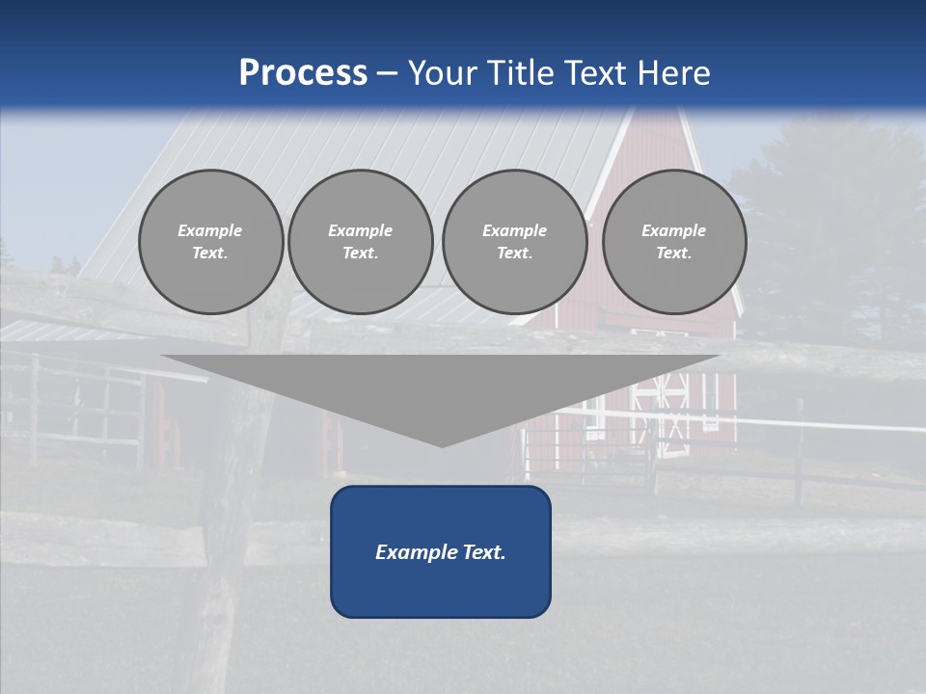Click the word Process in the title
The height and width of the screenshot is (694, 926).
tap(303, 73)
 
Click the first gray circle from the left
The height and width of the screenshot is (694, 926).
tap(210, 242)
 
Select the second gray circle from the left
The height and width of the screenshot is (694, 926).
tap(361, 242)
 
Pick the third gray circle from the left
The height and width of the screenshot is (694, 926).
tap(514, 242)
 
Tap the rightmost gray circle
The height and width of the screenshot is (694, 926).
tap(674, 242)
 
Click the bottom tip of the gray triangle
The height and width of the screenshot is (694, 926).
tap(441, 445)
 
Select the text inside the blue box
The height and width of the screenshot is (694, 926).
tap(441, 552)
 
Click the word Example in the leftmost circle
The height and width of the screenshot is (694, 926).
tap(210, 230)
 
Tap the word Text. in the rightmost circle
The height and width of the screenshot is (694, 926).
tap(674, 254)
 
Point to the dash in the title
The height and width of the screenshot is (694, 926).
tap(388, 73)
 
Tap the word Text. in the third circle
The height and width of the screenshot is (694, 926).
tap(514, 254)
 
